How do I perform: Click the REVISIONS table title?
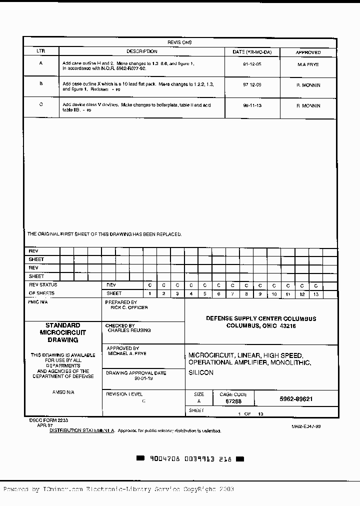tap(179, 42)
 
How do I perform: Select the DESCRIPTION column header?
tap(141, 51)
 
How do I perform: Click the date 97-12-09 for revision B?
tap(252, 85)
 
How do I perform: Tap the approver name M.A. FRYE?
tap(307, 65)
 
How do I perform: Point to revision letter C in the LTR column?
tap(41, 104)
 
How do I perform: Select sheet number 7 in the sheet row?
tap(232, 294)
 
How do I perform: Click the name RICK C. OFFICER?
tap(128, 307)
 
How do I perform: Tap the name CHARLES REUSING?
tap(129, 330)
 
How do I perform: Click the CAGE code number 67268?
tap(233, 401)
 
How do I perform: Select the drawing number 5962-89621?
tap(296, 399)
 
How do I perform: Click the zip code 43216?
tap(287, 326)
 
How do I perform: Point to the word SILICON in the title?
tap(201, 373)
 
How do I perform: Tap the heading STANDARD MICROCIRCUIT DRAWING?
tap(62, 332)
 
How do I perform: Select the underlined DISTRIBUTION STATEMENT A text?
tap(82, 430)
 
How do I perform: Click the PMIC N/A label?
tap(37, 302)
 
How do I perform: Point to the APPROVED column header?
tap(308, 52)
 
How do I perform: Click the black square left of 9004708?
tap(140, 458)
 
